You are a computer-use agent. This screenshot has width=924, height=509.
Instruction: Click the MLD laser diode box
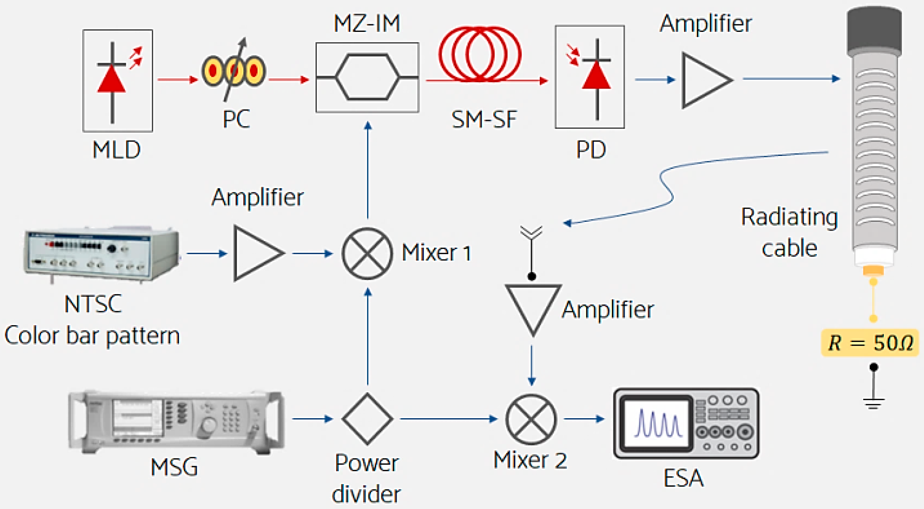pyautogui.click(x=118, y=81)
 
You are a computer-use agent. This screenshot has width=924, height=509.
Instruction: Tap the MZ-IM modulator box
pyautogui.click(x=367, y=77)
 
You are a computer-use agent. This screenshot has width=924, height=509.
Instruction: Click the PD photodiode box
pyautogui.click(x=590, y=77)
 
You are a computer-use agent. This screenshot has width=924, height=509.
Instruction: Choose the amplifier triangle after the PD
pyautogui.click(x=703, y=80)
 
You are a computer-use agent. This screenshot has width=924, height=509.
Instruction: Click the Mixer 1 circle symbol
pyautogui.click(x=367, y=253)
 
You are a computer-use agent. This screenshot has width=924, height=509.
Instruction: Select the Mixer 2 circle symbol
pyautogui.click(x=531, y=419)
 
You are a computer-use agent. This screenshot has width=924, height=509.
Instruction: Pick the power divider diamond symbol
pyautogui.click(x=367, y=418)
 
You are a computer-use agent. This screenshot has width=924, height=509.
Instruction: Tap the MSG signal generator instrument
pyautogui.click(x=176, y=421)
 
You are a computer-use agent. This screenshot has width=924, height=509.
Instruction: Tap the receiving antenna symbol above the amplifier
pyautogui.click(x=531, y=233)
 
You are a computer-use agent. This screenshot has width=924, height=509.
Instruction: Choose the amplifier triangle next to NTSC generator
pyautogui.click(x=255, y=253)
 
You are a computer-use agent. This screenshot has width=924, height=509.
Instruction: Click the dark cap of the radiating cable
pyautogui.click(x=874, y=31)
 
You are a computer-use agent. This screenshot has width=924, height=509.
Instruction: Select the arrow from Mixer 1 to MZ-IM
pyautogui.click(x=368, y=171)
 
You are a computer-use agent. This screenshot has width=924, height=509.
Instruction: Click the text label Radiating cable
pyautogui.click(x=789, y=233)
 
